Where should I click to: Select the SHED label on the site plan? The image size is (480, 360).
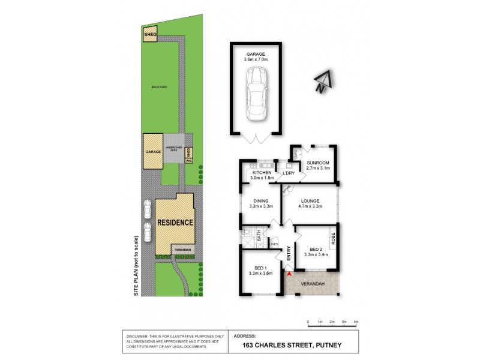point(149,35)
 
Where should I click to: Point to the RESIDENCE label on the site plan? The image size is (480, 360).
point(175,222)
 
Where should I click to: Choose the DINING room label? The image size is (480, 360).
point(261,201)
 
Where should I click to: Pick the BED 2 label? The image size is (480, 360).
point(316,249)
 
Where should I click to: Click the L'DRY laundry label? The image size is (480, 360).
point(289,173)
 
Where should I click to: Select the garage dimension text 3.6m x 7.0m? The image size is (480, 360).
point(255,59)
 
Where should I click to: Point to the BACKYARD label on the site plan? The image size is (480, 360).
point(159,87)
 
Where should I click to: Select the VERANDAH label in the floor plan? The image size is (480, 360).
point(313,283)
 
